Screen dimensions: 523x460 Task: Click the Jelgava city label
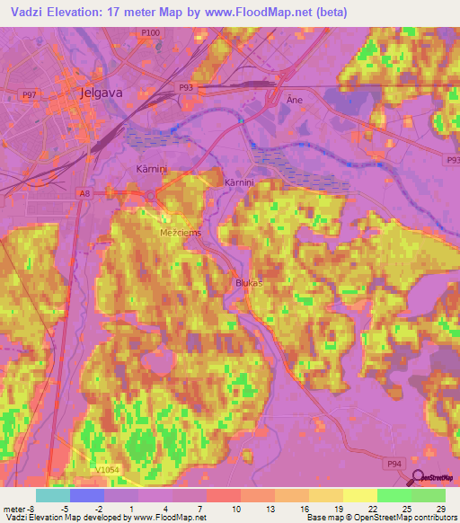coord(113,92)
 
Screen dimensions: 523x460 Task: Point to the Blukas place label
coord(248,282)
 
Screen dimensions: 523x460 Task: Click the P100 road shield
coord(151,32)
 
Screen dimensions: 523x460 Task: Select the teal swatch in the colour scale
coord(53,494)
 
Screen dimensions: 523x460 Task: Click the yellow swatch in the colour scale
coord(360,494)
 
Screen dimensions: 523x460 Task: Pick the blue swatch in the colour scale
coord(87,494)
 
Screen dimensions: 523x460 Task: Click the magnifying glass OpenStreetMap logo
coord(417,478)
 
